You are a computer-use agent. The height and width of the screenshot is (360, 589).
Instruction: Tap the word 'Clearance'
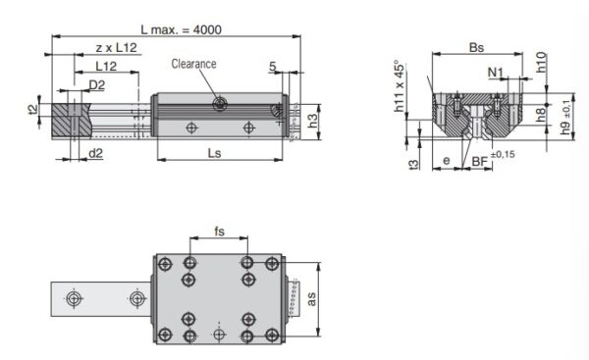click(x=193, y=65)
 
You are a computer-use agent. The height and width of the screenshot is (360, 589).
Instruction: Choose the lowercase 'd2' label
click(x=96, y=153)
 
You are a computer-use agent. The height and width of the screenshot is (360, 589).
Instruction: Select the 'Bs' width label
click(x=476, y=46)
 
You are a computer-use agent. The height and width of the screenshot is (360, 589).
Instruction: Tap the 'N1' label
click(x=497, y=72)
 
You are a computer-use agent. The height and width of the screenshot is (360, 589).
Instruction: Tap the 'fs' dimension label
click(x=221, y=233)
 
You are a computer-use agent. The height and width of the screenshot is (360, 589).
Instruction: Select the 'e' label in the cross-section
click(x=447, y=158)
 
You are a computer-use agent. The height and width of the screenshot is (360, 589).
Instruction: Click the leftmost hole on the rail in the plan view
click(x=72, y=296)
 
